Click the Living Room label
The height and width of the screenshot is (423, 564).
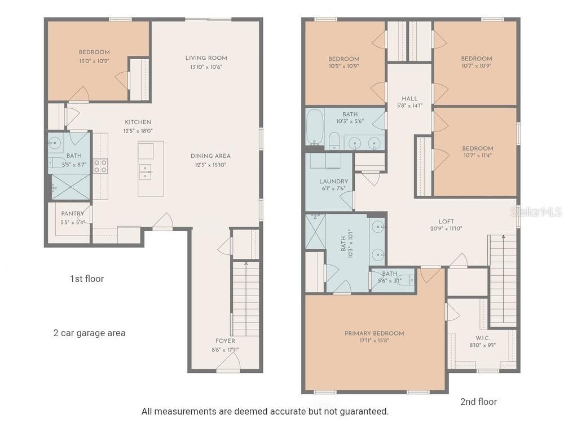click(x=206, y=58)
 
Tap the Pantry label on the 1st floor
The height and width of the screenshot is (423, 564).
click(x=73, y=214)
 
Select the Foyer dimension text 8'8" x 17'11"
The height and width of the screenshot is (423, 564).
click(x=225, y=350)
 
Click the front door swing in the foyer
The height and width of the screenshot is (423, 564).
click(x=228, y=362)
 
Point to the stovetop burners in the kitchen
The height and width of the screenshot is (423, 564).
click(x=100, y=166)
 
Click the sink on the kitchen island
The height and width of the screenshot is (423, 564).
click(x=146, y=171)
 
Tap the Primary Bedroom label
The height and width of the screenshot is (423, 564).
click(x=374, y=333)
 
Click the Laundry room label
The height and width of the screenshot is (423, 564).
click(x=333, y=182)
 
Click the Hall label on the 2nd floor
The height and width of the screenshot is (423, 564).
click(x=410, y=99)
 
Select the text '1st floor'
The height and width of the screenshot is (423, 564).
click(x=87, y=279)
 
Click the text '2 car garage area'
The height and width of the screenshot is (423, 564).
click(x=90, y=333)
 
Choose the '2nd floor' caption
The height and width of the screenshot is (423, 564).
click(x=479, y=402)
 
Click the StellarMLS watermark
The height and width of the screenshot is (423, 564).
click(x=536, y=212)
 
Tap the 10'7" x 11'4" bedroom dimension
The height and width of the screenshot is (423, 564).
click(x=477, y=156)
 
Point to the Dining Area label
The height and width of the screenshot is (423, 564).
click(x=210, y=156)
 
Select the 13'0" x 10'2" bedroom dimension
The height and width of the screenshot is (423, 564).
click(x=94, y=60)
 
